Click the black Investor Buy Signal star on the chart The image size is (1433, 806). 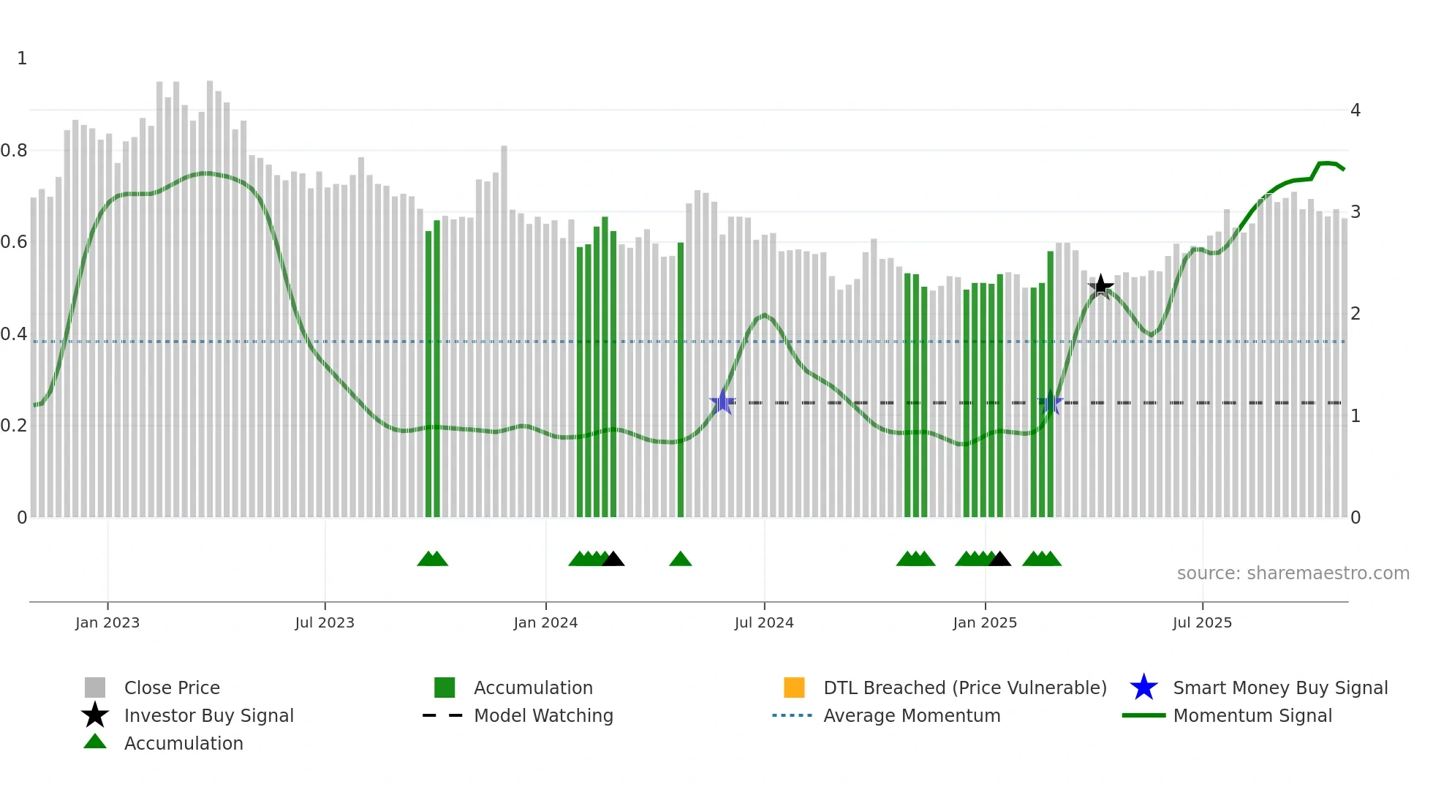point(1100,287)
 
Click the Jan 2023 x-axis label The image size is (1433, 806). point(107,622)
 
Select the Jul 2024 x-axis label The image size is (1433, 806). point(764,622)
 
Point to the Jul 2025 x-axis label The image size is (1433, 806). point(1202,622)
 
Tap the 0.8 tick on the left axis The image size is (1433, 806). point(14,151)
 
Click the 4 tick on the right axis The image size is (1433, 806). point(1356,110)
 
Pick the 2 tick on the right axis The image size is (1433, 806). point(1356,314)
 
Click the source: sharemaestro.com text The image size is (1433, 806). point(1293,573)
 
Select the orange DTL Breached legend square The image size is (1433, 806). point(794,688)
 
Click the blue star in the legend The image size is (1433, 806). point(1143,688)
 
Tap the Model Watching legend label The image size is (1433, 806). point(543,715)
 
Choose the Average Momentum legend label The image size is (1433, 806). point(912,715)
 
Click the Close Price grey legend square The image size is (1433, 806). point(95,688)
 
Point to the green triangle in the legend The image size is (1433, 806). point(95,742)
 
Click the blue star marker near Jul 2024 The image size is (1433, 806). point(722,402)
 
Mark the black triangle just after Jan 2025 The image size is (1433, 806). point(999,560)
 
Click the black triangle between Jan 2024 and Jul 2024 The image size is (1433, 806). point(613,560)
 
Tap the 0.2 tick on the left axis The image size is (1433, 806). point(14,426)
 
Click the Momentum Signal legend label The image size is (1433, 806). point(1252,715)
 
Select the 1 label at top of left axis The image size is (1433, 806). point(22,59)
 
